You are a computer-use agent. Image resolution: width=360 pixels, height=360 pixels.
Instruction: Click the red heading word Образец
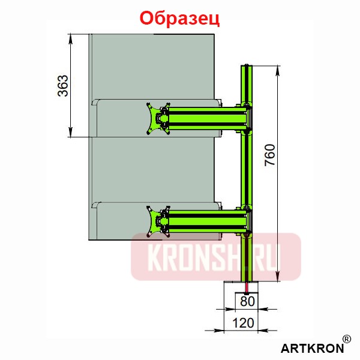point(179,17)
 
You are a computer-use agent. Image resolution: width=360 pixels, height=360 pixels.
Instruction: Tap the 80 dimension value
point(246,301)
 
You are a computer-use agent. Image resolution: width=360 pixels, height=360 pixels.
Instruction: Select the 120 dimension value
point(243,323)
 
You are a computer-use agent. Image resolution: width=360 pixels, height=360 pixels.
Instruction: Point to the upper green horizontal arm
point(204,118)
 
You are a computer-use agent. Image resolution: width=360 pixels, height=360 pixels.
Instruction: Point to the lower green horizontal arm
point(204,220)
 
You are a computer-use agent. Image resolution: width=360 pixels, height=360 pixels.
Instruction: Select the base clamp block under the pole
point(239,287)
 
